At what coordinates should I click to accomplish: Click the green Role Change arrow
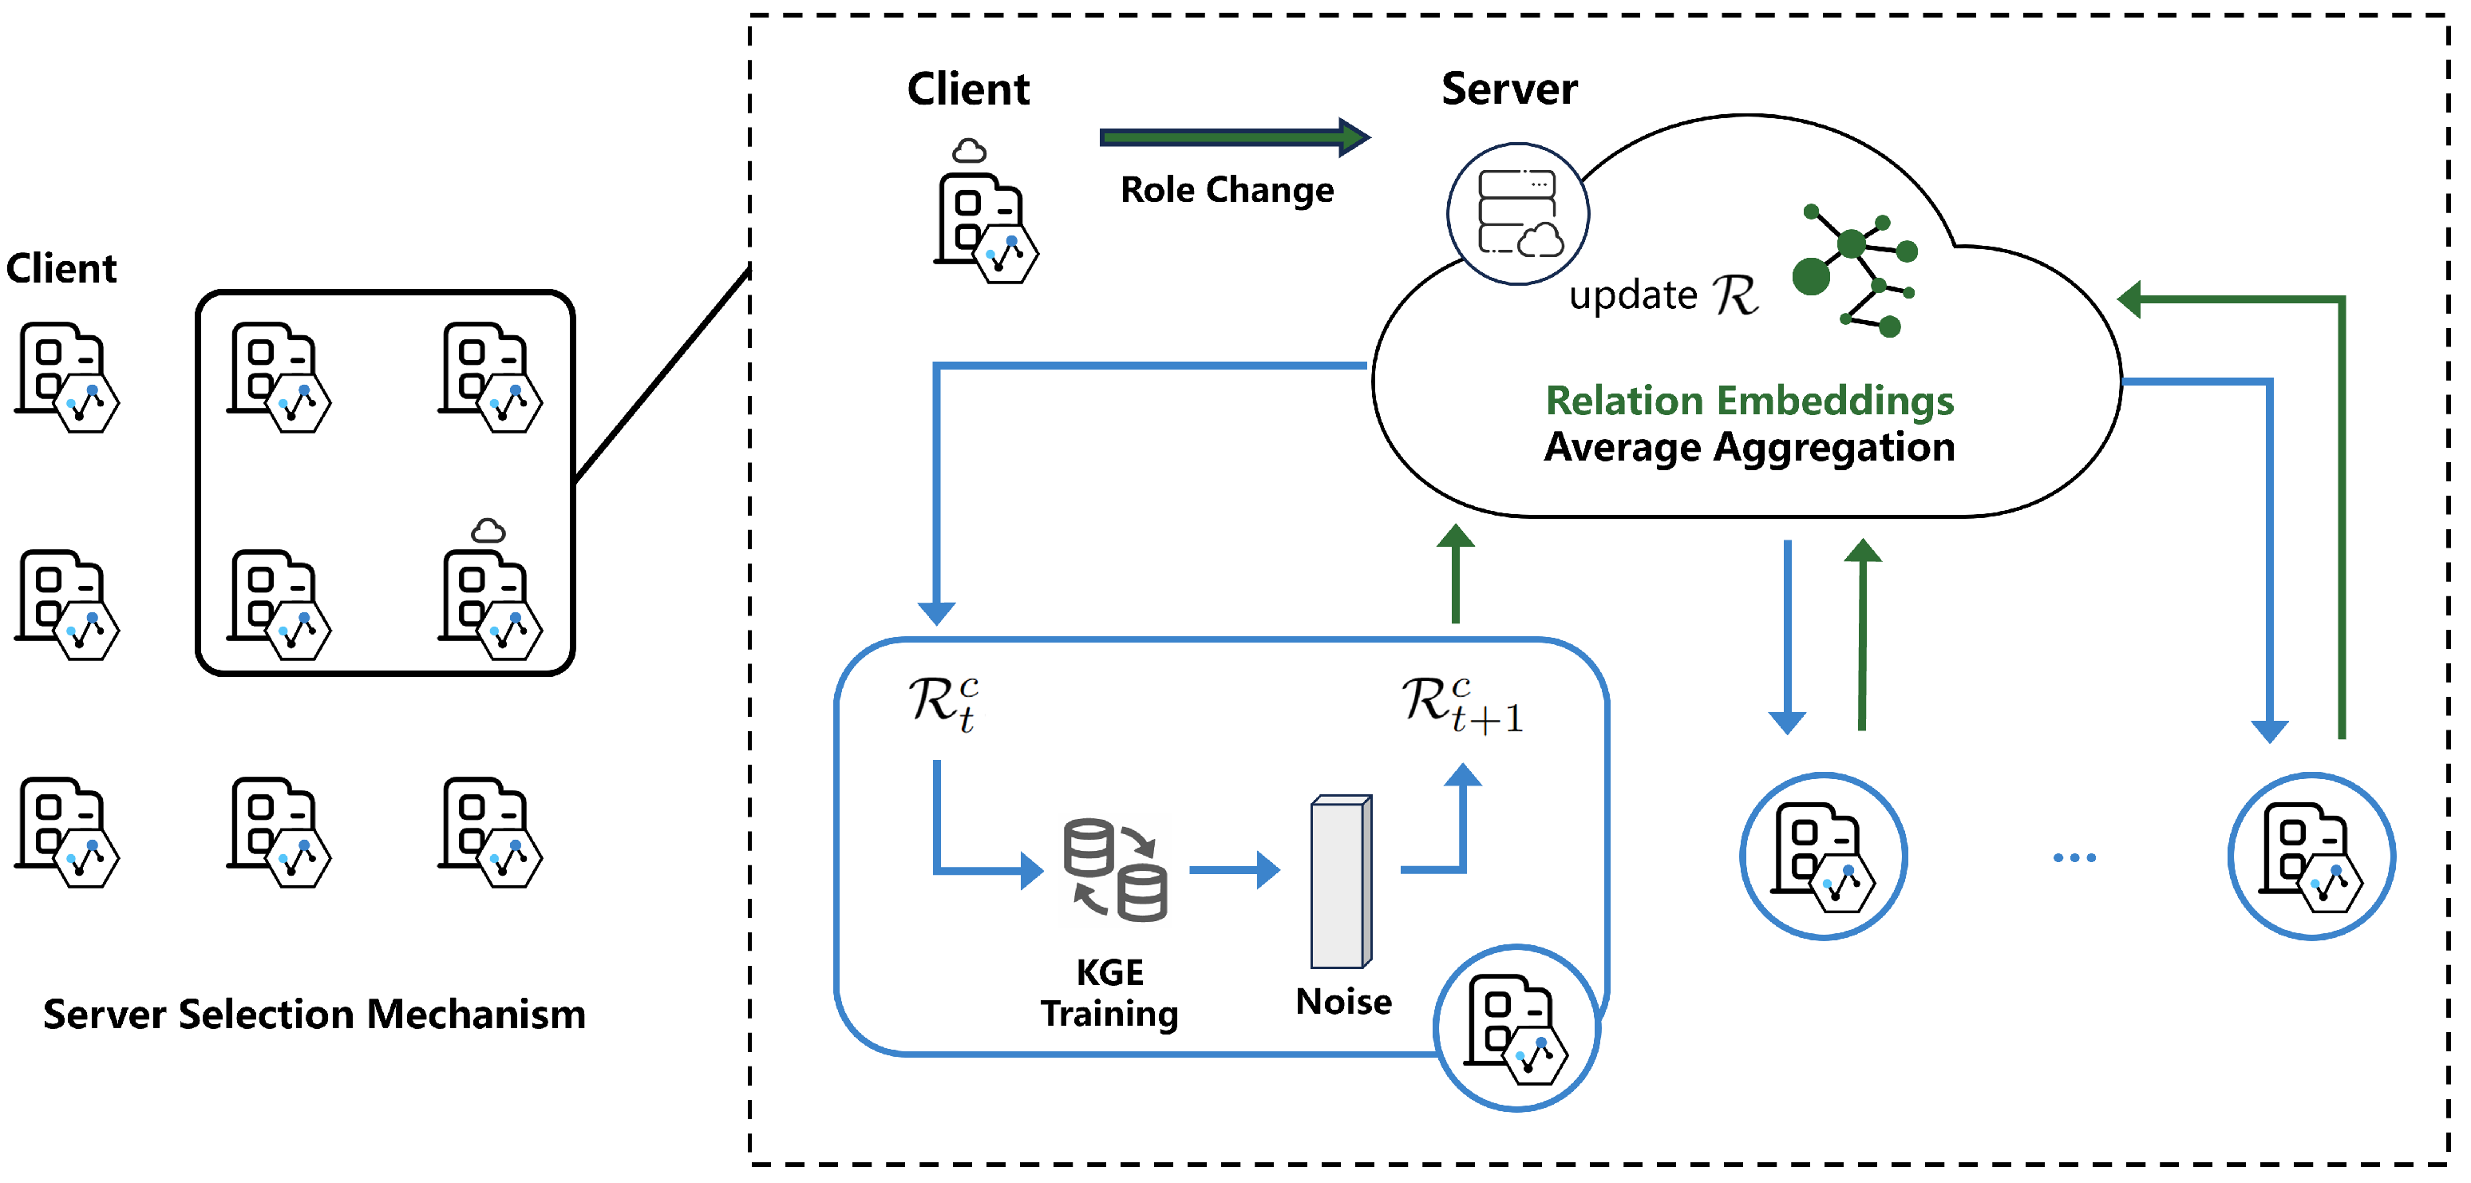coord(1232,138)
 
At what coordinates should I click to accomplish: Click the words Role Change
coord(1227,190)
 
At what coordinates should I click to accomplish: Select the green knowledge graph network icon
coord(1854,270)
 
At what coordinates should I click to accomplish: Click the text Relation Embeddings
coord(1749,401)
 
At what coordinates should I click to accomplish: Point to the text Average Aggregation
coord(1749,448)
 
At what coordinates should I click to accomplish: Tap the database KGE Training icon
coord(1115,869)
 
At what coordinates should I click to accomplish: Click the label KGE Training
coord(1110,993)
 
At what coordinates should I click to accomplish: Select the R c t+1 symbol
coord(1461,705)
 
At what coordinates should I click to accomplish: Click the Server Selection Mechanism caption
coord(314,1014)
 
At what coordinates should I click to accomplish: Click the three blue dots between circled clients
coord(2074,857)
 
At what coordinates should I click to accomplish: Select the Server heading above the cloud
coord(1509,89)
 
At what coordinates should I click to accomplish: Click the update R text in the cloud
coord(1663,295)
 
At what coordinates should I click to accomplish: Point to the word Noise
coord(1343,1002)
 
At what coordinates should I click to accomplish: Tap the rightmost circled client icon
coord(2311,856)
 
